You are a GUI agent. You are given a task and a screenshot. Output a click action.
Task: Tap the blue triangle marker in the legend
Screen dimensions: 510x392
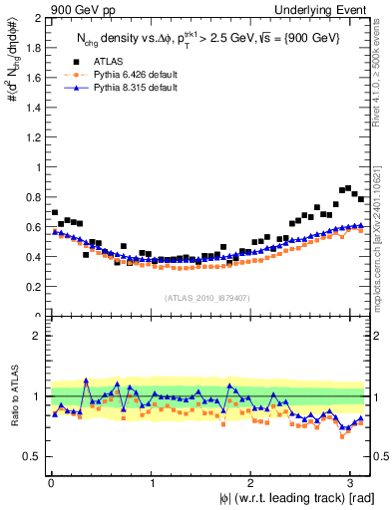(x=65, y=88)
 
